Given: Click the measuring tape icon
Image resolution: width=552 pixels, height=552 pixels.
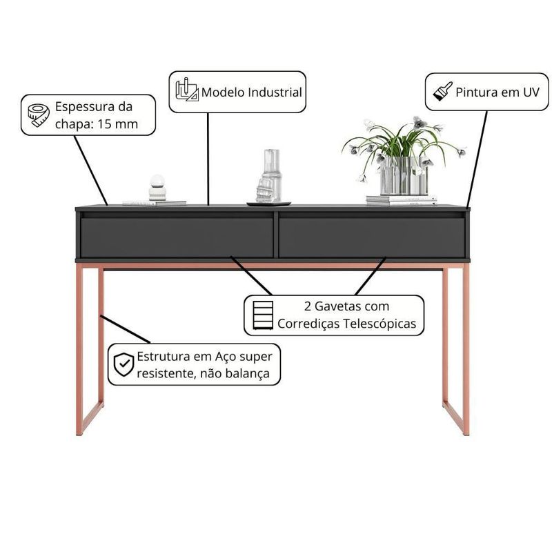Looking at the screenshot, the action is pos(39,115).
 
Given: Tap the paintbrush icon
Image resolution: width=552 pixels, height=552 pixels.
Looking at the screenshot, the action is pos(442,92).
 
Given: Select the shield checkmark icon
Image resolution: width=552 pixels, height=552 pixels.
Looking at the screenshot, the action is pos(124,364).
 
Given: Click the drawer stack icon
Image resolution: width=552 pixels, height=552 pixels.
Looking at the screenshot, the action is pos(263,315).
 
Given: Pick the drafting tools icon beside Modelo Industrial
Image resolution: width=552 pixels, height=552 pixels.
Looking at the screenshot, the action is pos(187,90).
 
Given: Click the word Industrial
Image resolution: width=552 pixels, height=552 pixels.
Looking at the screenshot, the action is pos(275,92).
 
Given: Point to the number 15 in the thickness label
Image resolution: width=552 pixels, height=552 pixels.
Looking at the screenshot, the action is pos(105,124).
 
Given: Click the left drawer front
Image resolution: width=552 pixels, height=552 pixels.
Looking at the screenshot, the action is pos(177,238).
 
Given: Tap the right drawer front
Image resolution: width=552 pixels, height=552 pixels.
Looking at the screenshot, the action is pos(372,238).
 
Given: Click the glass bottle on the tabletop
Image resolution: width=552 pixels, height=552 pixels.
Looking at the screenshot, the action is pos(268,176).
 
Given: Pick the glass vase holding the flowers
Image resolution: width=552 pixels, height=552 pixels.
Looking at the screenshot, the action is pos(404,176).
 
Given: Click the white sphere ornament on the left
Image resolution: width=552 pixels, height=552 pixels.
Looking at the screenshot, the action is pos(157,187).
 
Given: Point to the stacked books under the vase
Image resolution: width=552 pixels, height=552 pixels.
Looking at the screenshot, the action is pos(402,200).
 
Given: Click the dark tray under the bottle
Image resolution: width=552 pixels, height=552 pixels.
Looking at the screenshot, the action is pos(268,204).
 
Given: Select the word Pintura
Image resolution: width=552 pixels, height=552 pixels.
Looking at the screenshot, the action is pos(476,92).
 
